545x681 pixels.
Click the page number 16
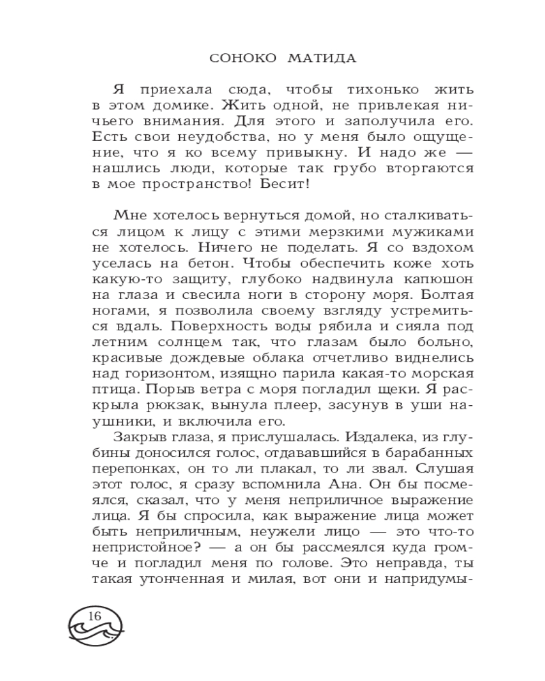(95, 616)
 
